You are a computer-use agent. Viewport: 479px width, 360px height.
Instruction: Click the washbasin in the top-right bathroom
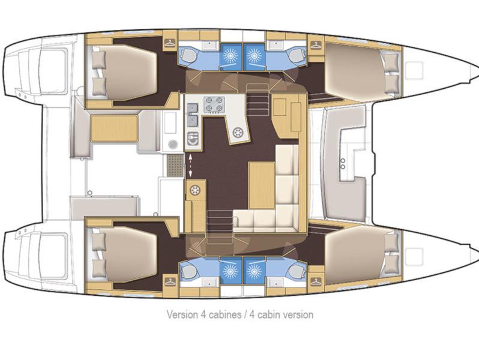277,45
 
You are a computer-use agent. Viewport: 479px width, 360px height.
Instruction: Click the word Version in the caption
181,314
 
